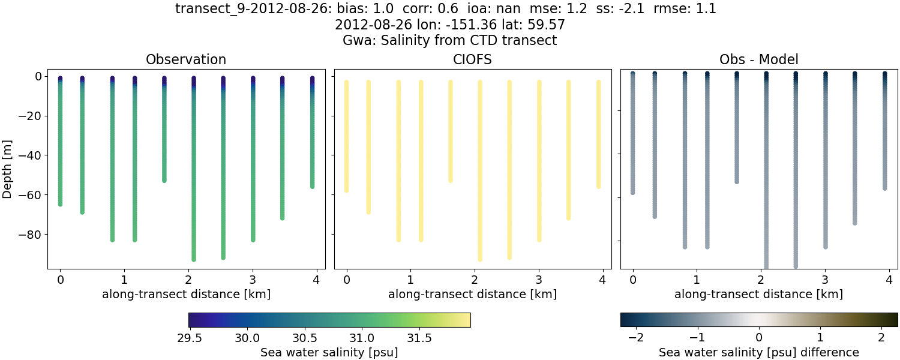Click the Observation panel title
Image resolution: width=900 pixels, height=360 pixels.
tap(186, 60)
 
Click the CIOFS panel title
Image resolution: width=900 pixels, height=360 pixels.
tap(472, 60)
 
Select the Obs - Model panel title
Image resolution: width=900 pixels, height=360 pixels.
tap(758, 60)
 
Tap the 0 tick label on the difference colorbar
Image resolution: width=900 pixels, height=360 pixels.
tap(759, 338)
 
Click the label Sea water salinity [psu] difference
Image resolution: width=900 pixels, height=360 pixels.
tap(759, 352)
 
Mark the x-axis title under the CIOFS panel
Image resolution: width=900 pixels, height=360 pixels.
tap(472, 295)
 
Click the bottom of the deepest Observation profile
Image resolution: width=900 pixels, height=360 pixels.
tap(194, 259)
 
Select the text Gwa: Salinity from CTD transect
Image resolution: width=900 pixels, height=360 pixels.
tap(449, 41)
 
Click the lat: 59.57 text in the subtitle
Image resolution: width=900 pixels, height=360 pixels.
tap(534, 25)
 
